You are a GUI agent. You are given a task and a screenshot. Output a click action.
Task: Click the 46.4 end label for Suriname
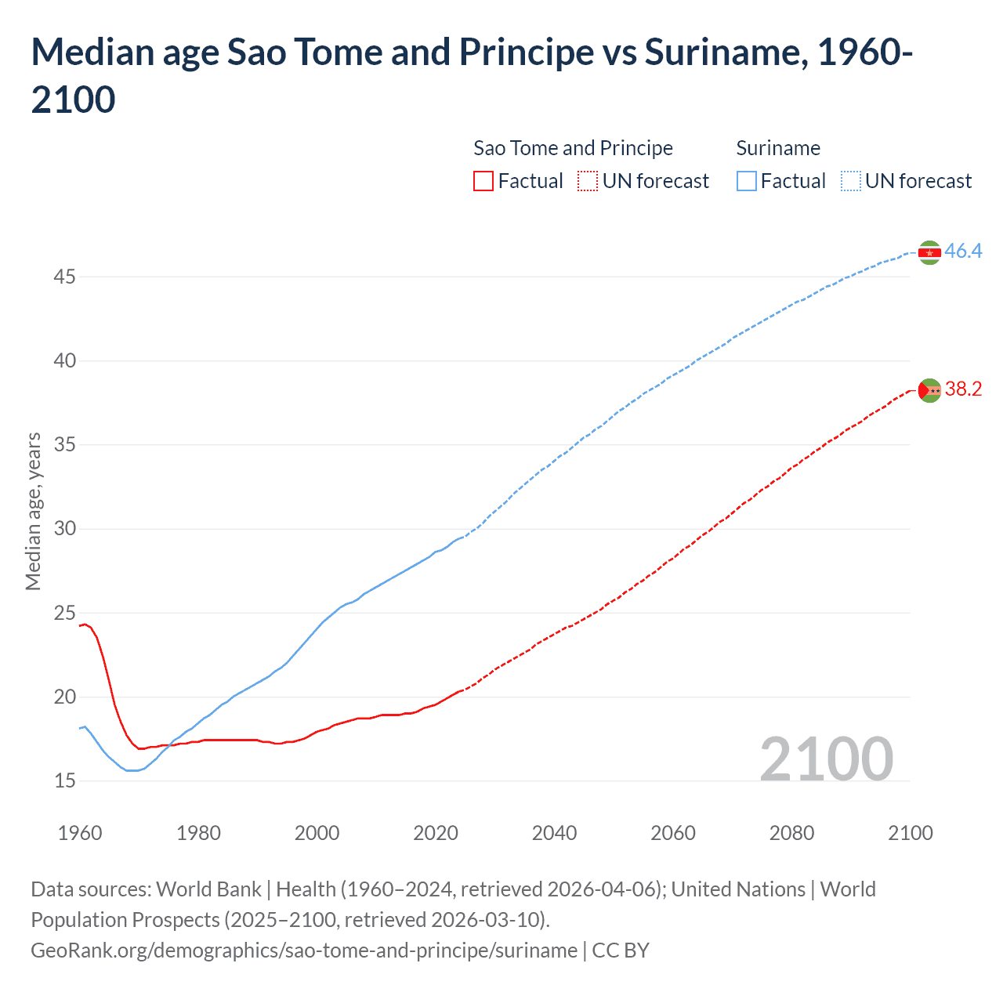[963, 251]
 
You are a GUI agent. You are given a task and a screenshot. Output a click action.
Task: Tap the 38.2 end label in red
[963, 389]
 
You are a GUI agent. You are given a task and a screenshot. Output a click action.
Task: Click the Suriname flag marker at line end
[929, 252]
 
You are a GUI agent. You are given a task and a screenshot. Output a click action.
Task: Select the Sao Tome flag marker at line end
[929, 390]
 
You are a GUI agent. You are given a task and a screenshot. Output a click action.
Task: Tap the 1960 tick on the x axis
[80, 833]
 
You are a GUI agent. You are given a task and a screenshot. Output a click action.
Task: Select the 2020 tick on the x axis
[436, 833]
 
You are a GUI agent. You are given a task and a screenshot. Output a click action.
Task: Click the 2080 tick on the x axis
[791, 833]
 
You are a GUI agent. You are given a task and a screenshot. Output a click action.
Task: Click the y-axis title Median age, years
[33, 511]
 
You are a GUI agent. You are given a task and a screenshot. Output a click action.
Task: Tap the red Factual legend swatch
[483, 181]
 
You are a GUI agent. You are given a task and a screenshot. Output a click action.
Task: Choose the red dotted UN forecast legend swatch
[588, 181]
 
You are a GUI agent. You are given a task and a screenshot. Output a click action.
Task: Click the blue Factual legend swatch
[747, 181]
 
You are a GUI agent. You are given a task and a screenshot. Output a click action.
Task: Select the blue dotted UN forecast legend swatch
[850, 181]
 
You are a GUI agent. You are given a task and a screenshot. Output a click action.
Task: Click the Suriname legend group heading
[778, 148]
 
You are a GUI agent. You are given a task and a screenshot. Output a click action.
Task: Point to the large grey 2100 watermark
[826, 759]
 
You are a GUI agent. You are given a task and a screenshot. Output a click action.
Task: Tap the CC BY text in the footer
[621, 950]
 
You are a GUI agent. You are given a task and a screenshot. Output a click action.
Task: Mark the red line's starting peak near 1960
[85, 624]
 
